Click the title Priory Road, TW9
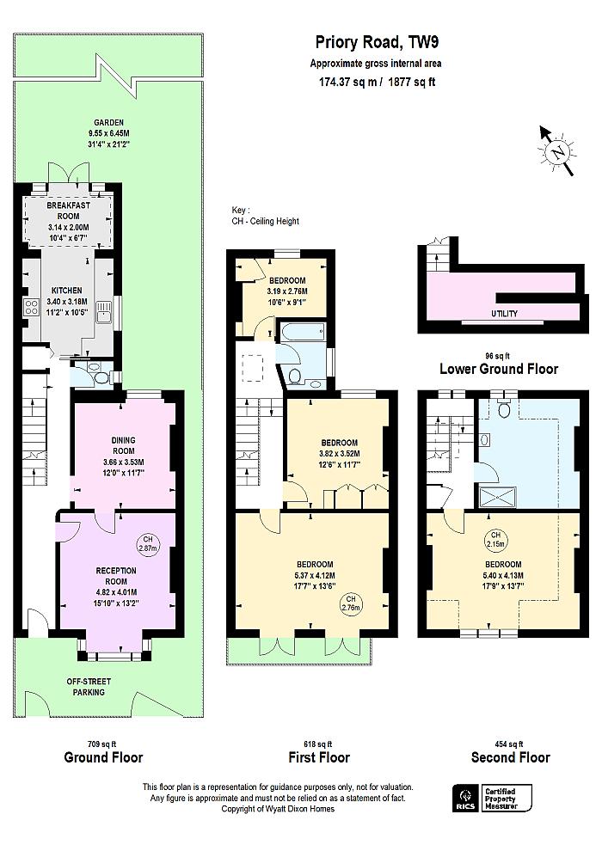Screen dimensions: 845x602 click(369, 43)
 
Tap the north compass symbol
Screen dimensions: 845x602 click(557, 152)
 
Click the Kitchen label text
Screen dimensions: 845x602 click(66, 291)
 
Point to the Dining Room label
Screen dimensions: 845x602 click(123, 445)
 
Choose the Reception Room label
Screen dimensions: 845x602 click(116, 576)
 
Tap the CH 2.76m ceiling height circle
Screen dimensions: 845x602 click(351, 603)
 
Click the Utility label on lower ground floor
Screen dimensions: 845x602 click(505, 314)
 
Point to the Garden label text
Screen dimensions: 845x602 click(110, 123)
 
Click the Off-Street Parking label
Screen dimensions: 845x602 click(86, 687)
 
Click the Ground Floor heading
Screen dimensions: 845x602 click(103, 757)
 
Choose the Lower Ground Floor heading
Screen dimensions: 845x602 click(499, 369)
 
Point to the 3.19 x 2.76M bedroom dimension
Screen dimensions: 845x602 click(287, 291)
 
